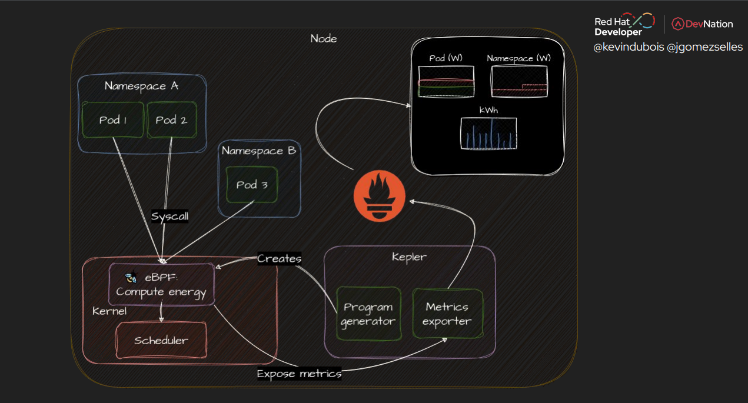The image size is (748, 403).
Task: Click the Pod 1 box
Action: tap(113, 120)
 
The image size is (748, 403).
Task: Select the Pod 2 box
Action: tap(171, 120)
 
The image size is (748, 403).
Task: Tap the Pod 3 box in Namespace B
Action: tap(252, 185)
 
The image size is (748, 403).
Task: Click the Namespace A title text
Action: tap(141, 86)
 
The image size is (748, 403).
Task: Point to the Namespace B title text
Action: tap(258, 151)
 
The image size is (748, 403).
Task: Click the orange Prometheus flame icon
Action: tap(380, 198)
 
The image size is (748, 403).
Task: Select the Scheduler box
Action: tap(161, 340)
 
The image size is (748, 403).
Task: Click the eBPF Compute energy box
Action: tap(161, 285)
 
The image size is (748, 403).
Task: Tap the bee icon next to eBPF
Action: tap(131, 278)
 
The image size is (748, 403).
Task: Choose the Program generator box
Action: tap(368, 314)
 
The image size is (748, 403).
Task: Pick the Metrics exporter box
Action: tap(447, 314)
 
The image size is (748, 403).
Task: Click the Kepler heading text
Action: tap(409, 257)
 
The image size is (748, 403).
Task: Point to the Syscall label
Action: tap(170, 216)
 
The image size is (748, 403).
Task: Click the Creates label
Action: tap(280, 259)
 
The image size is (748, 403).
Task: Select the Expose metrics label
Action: tap(299, 374)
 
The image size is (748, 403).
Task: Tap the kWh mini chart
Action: tap(488, 133)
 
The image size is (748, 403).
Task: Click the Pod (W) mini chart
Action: tap(446, 82)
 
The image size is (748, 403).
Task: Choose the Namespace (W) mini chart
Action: tap(519, 82)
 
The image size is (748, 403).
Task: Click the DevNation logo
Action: tap(703, 24)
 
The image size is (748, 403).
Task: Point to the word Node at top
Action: tap(324, 39)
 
